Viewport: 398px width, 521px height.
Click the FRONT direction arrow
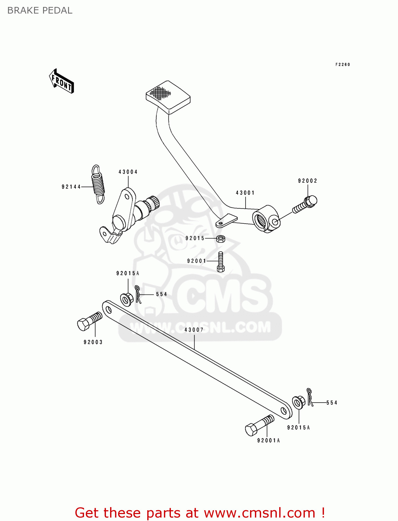[62, 81]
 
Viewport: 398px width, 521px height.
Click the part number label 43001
[245, 193]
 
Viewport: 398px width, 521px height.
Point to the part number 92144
[71, 187]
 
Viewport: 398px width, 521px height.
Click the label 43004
[128, 172]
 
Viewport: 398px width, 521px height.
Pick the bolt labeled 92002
[305, 205]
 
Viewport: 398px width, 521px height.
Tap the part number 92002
[307, 181]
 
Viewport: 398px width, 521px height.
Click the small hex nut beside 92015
[220, 239]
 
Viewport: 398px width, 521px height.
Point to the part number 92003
[93, 342]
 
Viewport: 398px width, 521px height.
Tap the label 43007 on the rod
[194, 330]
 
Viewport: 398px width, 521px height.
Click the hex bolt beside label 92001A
[259, 425]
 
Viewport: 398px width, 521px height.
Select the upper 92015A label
[127, 273]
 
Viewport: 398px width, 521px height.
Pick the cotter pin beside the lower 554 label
[310, 397]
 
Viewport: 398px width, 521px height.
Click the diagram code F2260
[342, 65]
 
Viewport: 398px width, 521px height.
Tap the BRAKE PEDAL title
[40, 10]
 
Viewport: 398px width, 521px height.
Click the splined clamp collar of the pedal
[266, 219]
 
